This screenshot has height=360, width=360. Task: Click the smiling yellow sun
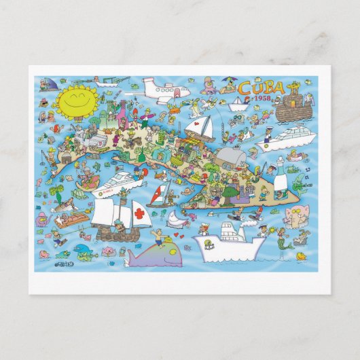[60, 100]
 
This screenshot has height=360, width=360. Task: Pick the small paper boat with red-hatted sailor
[238, 103]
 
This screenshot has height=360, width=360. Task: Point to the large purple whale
[158, 254]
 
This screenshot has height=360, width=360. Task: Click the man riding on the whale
[159, 237]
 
